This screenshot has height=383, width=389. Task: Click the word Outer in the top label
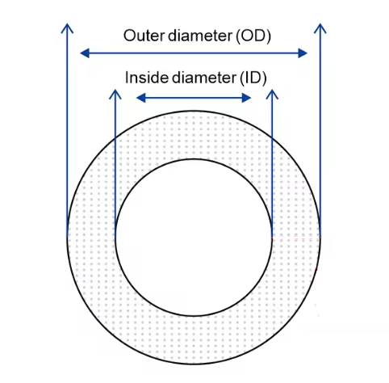tap(144, 36)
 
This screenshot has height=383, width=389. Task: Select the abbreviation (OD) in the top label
tap(253, 36)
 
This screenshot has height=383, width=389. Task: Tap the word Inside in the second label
tap(146, 78)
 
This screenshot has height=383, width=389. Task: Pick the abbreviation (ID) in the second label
tap(253, 78)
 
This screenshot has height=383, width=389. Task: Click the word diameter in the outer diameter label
tap(200, 36)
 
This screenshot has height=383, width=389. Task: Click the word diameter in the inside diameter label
tap(203, 78)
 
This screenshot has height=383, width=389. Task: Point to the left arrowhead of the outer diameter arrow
tap(85, 53)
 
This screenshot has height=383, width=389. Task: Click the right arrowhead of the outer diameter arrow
tap(303, 53)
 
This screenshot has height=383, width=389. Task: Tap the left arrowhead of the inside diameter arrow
tap(141, 98)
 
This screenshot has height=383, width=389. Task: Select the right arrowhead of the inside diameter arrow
tap(247, 98)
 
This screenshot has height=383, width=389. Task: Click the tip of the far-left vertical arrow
tap(67, 23)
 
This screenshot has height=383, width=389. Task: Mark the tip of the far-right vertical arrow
tap(320, 23)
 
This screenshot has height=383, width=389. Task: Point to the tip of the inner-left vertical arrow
tap(115, 90)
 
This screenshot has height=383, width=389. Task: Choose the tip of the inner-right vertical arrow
tap(272, 90)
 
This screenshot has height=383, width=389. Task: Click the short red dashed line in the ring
tap(296, 238)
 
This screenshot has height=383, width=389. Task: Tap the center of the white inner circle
tap(194, 238)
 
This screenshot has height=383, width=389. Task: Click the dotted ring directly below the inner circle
tap(194, 340)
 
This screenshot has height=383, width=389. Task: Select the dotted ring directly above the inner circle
tap(194, 135)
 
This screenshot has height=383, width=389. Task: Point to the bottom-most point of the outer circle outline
tap(194, 364)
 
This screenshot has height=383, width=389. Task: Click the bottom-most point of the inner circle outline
tap(194, 316)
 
